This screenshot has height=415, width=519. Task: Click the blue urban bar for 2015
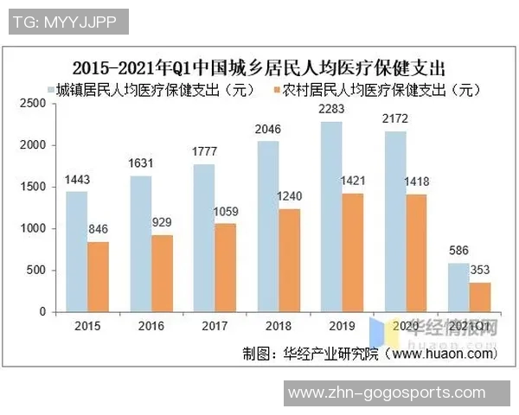(76, 251)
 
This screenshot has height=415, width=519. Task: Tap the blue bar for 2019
(330, 216)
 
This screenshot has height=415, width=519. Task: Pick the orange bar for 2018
(290, 259)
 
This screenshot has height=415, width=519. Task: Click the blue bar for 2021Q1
(458, 287)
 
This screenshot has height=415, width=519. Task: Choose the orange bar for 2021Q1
(479, 297)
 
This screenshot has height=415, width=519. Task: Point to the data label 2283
(332, 110)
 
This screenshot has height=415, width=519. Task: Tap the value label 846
(99, 230)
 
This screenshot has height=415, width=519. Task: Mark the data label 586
(458, 252)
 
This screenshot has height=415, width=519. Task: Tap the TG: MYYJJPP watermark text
(68, 21)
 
